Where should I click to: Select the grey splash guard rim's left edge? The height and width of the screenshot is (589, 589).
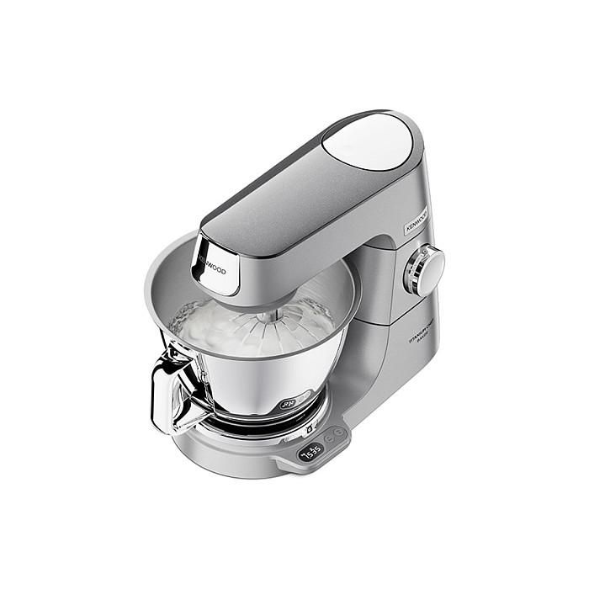[x=149, y=282]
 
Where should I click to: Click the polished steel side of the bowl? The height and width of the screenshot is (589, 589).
[x=252, y=379]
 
